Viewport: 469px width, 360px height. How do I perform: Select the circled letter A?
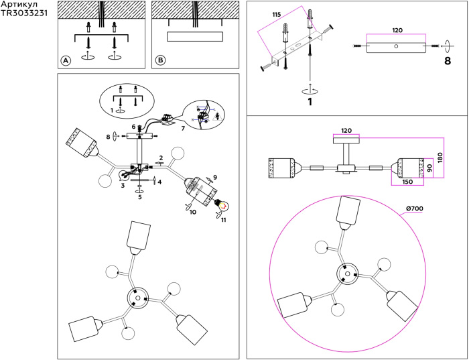66,60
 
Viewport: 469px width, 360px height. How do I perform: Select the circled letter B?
160,60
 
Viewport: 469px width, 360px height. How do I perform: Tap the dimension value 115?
276,14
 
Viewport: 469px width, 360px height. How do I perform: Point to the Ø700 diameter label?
415,208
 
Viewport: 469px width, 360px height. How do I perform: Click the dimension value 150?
407,181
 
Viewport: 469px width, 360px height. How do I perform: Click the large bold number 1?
310,103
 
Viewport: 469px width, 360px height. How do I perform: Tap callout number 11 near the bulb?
224,219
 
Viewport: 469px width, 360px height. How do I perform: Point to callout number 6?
134,126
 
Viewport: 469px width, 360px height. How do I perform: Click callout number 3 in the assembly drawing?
123,186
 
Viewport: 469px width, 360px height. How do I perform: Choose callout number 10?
193,213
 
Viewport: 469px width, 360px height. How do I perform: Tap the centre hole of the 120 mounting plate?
395,46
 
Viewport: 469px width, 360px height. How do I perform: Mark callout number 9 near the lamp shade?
214,178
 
